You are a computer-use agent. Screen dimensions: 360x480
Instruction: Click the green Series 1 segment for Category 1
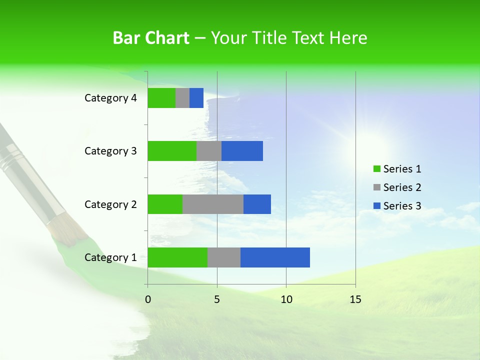(177, 257)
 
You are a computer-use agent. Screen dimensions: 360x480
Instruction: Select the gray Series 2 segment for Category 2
(213, 204)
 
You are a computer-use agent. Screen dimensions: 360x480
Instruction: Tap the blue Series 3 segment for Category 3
(242, 151)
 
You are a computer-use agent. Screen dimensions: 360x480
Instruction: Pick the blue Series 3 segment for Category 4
(196, 98)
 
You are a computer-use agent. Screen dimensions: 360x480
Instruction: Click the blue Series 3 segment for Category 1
(275, 257)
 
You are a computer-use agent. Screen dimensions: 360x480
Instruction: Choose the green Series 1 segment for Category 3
(172, 151)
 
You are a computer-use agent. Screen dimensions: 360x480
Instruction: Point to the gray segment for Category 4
(182, 98)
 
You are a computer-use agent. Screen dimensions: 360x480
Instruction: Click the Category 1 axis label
(110, 257)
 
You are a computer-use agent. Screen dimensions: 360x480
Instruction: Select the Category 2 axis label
(110, 204)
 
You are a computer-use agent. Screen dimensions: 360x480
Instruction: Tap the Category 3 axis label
(110, 151)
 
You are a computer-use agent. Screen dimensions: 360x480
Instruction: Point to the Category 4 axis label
(110, 98)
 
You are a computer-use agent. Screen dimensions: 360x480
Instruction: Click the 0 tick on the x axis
(147, 299)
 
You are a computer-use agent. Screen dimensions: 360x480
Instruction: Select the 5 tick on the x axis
(217, 299)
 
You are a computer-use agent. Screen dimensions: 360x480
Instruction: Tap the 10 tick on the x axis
(286, 299)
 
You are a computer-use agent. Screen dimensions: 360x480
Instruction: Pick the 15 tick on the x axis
(355, 299)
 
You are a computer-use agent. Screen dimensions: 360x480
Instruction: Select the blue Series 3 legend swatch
(377, 206)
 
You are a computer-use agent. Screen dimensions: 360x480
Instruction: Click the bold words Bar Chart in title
(150, 38)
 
